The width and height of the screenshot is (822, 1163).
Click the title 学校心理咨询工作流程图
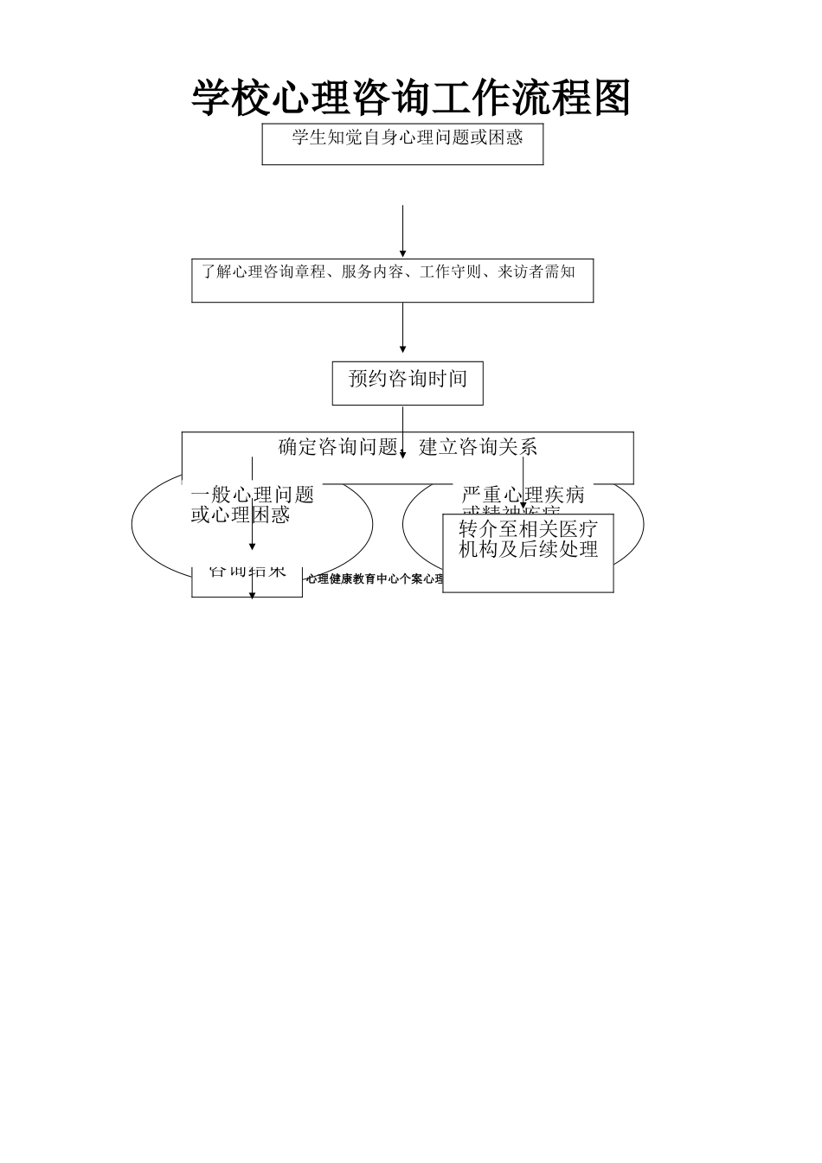(410, 98)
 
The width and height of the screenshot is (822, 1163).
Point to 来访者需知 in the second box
(536, 272)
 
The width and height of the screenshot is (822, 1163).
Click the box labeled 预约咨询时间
(408, 381)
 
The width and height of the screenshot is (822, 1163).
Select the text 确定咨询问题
(337, 447)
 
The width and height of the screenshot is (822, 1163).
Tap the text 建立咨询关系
(478, 447)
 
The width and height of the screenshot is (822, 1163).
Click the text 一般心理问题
(252, 495)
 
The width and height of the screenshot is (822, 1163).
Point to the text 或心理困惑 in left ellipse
(240, 515)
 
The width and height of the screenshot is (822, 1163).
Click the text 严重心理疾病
(523, 495)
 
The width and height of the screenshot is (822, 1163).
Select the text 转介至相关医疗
(528, 529)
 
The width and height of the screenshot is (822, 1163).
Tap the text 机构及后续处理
(528, 550)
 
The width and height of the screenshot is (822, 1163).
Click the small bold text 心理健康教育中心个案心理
(372, 579)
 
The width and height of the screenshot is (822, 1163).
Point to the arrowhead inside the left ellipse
(252, 546)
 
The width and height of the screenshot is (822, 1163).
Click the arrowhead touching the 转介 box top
(523, 507)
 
